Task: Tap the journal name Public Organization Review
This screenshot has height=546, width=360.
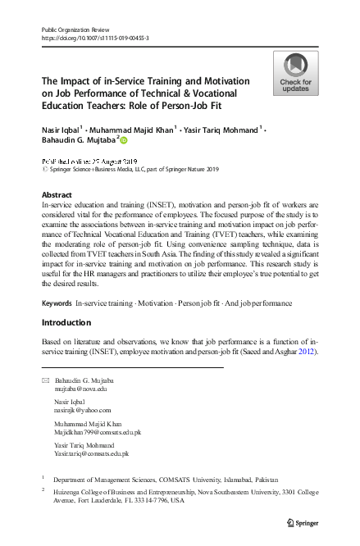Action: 76,30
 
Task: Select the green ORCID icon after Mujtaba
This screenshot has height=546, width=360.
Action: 125,141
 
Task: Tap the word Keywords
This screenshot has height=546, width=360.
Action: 57,303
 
